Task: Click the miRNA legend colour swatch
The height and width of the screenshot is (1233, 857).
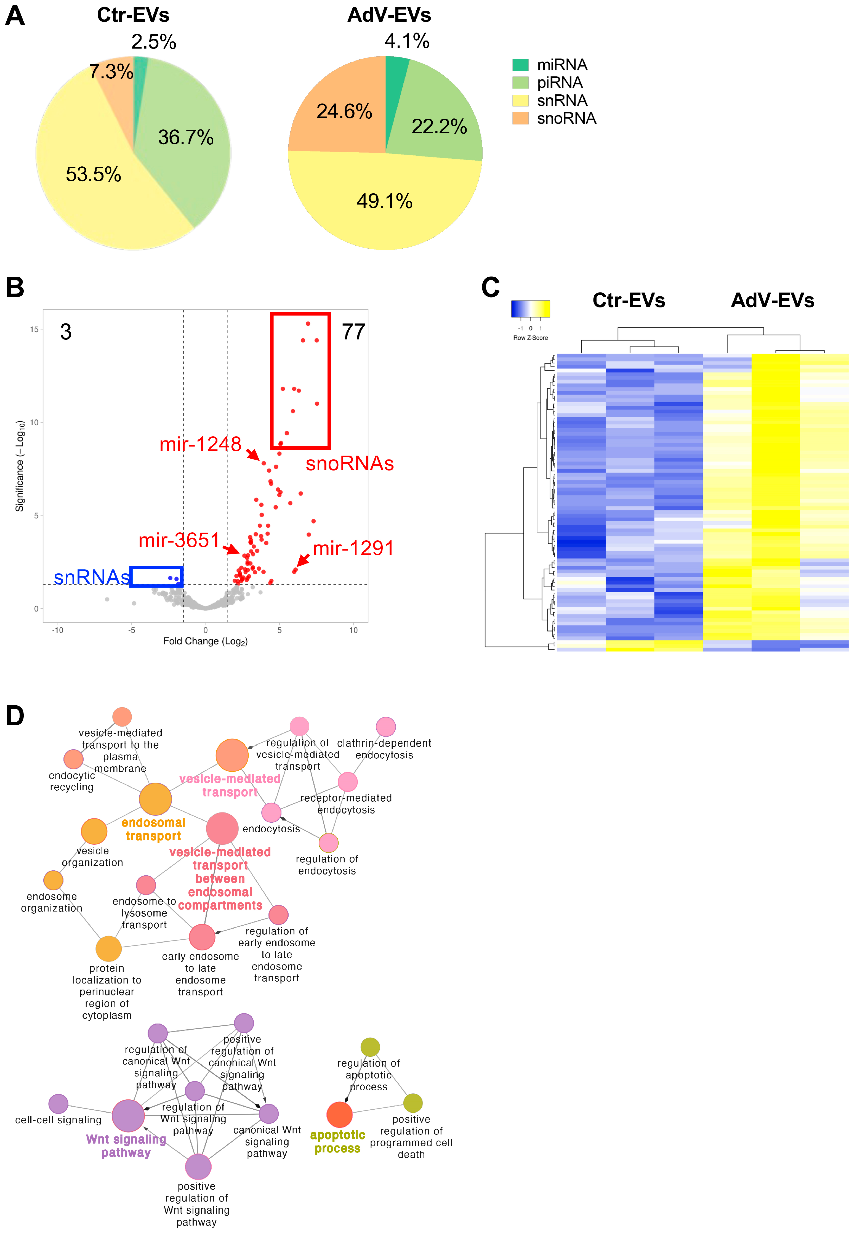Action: (520, 65)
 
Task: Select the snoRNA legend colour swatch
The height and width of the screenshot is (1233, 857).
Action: (520, 118)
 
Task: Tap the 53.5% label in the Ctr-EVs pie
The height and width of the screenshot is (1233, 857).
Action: (94, 174)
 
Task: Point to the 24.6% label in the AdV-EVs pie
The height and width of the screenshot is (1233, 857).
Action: (344, 112)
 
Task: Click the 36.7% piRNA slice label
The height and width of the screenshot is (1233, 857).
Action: (186, 137)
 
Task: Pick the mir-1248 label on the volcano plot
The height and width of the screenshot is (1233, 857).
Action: (200, 444)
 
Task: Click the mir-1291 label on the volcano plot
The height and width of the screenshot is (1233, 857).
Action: (353, 548)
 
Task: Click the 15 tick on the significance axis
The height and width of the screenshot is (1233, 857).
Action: (34, 329)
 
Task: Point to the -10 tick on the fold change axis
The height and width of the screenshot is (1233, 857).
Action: (57, 630)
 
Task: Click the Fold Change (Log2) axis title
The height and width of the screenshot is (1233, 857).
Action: (205, 641)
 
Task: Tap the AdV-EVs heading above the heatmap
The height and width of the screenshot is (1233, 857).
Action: (772, 300)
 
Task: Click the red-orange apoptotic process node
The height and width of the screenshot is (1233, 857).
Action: (339, 1115)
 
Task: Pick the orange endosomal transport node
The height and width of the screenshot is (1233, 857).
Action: (155, 799)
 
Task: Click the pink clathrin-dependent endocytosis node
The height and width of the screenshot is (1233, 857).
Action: (385, 727)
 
